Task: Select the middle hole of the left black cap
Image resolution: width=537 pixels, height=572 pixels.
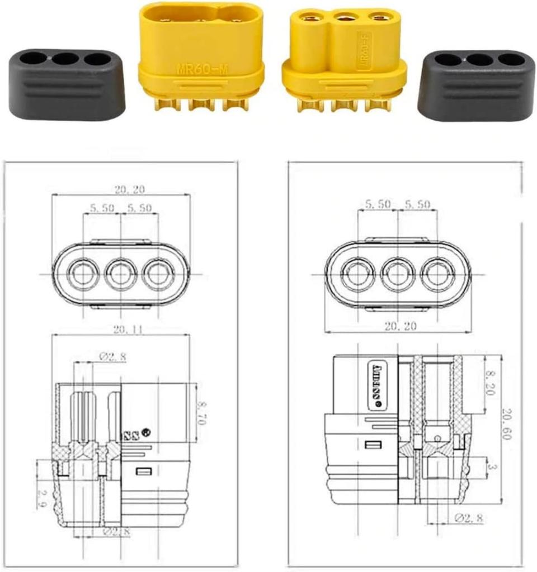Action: [65, 58]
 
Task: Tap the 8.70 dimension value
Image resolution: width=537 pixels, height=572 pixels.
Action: [202, 412]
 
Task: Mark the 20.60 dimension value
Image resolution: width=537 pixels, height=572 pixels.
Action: [506, 425]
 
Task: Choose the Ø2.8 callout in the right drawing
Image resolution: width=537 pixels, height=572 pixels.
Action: [469, 519]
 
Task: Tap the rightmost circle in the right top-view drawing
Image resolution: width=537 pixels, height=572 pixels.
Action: [439, 274]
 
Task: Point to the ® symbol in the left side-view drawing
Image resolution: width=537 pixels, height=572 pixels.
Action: [148, 432]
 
